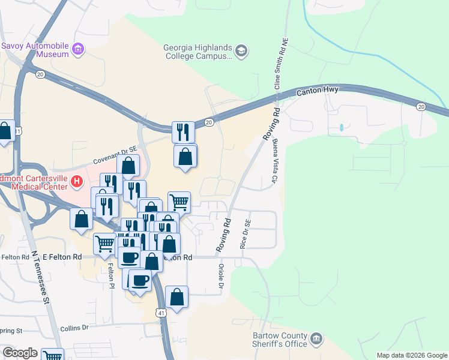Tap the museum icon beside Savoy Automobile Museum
coord(77,49)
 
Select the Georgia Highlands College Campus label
coord(198,52)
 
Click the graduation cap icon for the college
coord(241,51)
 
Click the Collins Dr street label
coord(74,328)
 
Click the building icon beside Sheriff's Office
coord(316,340)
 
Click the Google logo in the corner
coord(20,353)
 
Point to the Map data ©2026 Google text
coord(411,355)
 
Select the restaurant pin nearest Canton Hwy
coord(183,131)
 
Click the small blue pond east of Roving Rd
coord(341,128)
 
